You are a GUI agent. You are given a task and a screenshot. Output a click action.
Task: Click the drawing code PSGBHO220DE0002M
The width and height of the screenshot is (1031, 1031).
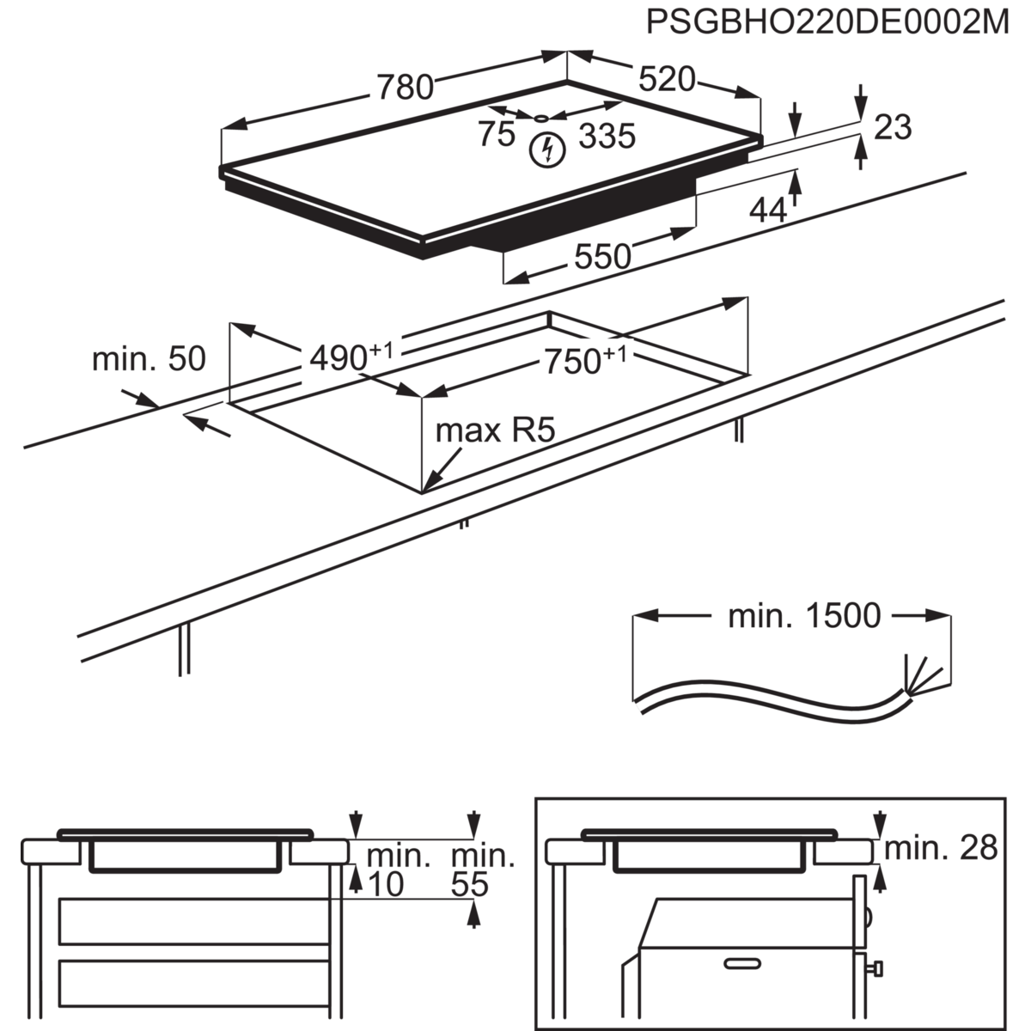[x=827, y=22]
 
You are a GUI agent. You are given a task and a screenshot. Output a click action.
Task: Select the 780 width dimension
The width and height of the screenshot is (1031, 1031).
[x=403, y=88]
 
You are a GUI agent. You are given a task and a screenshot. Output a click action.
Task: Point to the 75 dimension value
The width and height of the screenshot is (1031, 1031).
[x=497, y=135]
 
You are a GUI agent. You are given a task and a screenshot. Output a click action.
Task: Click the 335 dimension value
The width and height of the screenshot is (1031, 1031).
[x=607, y=136]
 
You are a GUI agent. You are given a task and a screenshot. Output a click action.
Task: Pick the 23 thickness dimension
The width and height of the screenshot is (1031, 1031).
[x=893, y=127]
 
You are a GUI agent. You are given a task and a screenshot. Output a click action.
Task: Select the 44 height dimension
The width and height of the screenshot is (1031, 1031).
[x=768, y=209]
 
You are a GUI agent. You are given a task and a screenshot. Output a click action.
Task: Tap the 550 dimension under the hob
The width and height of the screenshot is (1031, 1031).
[x=602, y=255]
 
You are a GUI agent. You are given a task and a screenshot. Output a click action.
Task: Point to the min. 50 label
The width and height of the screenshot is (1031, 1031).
[x=149, y=359]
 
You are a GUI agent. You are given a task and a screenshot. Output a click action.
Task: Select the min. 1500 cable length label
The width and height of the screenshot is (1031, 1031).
[x=803, y=616]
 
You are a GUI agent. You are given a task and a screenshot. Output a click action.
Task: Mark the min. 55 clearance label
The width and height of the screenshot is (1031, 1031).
[x=481, y=869]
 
